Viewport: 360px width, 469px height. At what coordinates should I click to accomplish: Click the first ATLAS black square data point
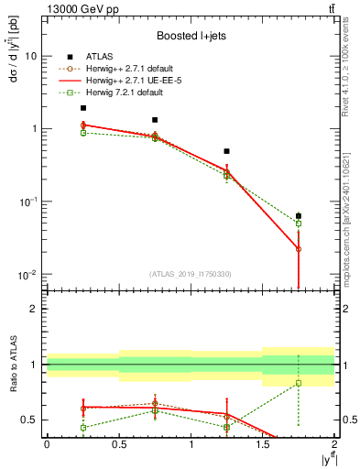(x=82, y=108)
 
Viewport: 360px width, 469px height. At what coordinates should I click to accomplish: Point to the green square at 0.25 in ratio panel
(x=82, y=428)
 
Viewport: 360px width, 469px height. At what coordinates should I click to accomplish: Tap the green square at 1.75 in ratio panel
(x=299, y=383)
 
